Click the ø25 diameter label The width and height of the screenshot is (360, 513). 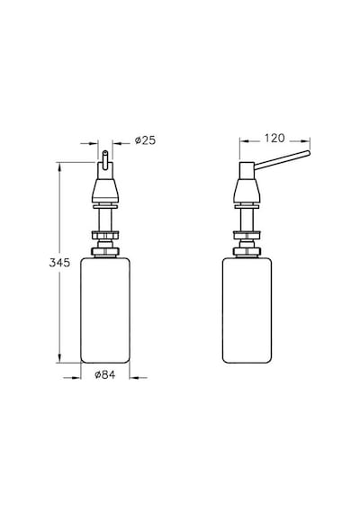click(145, 140)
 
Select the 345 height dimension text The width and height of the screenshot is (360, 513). click(59, 263)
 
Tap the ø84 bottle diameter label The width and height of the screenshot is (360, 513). click(105, 374)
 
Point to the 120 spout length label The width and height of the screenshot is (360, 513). click(274, 139)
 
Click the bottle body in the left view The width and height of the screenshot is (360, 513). click(105, 310)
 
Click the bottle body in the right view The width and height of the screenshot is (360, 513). click(247, 310)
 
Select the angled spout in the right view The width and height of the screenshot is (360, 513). click(282, 160)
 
